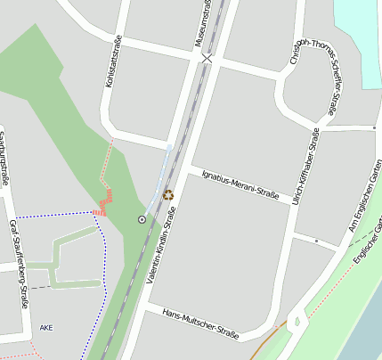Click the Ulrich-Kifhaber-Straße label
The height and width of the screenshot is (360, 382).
305,166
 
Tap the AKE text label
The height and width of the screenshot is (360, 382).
46,328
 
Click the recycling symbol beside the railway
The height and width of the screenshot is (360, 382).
168,193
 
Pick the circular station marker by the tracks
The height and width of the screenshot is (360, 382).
142,218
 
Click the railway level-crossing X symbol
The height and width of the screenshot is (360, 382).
207,58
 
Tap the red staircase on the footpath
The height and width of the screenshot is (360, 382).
104,202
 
